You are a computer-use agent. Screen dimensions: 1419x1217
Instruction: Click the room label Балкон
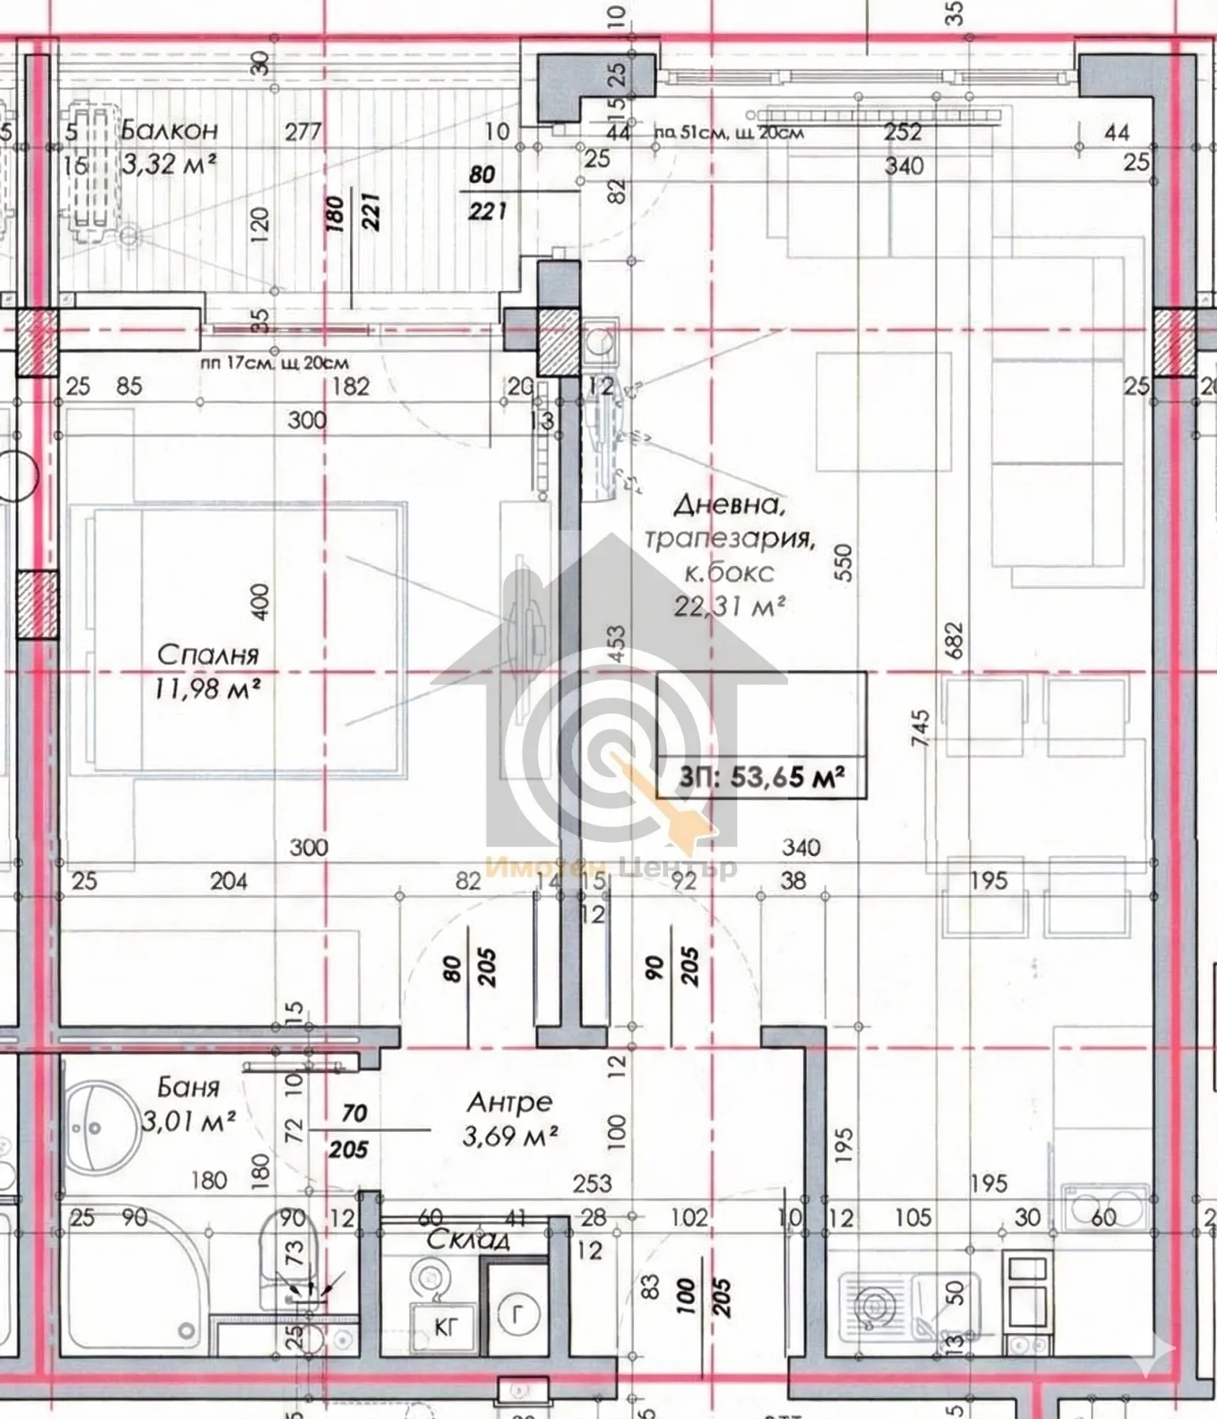(170, 129)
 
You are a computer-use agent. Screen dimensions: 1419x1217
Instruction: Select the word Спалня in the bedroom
(207, 654)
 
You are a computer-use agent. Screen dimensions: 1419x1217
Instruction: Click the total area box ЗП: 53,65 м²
(762, 777)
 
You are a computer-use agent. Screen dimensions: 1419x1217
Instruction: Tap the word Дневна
(730, 505)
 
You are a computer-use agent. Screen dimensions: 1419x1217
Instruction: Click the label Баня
(189, 1088)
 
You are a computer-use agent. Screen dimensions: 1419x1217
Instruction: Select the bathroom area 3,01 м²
(189, 1120)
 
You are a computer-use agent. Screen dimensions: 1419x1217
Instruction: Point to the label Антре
(510, 1101)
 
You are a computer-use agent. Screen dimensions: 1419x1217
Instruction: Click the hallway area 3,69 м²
(511, 1136)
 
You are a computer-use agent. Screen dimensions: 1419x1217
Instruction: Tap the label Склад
(469, 1240)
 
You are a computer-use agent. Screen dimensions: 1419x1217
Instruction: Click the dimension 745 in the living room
(920, 729)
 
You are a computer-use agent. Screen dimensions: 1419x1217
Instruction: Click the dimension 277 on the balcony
(303, 131)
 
